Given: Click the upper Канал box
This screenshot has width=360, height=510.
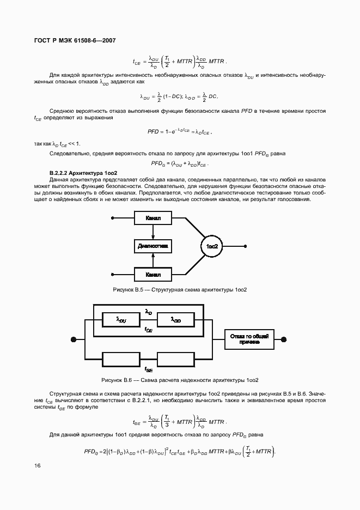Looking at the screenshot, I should point(153,218).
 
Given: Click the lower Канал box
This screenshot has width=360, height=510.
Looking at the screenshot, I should point(153,274).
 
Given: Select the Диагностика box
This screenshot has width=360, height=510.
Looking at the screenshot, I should point(153,246).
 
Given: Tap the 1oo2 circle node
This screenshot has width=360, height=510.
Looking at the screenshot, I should point(212,246).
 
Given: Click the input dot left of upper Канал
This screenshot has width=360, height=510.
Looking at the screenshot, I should point(113,218).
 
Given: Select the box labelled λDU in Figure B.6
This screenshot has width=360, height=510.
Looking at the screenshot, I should point(121,320).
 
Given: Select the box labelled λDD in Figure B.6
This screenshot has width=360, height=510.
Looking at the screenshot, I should point(176,320).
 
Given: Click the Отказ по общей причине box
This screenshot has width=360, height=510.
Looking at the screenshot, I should point(249,339).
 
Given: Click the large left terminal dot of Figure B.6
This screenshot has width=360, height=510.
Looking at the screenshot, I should point(73,339).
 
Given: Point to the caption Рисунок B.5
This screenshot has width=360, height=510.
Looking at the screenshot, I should point(180,289).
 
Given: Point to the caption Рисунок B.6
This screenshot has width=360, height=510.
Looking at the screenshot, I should point(180,380).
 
